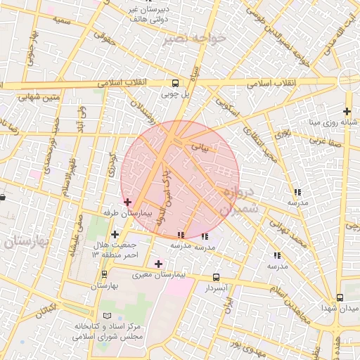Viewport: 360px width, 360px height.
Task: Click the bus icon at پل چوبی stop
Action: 175,83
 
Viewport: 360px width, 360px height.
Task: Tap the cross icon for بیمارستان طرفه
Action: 127,202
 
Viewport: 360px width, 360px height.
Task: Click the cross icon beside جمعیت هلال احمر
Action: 115,234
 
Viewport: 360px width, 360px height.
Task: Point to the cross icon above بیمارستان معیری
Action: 158,264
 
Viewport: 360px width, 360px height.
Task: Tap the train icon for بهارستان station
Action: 104,274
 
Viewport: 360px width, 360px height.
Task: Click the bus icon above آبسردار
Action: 216,277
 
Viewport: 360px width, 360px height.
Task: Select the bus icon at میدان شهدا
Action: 340,298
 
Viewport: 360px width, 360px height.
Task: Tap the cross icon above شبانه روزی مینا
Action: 347,110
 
